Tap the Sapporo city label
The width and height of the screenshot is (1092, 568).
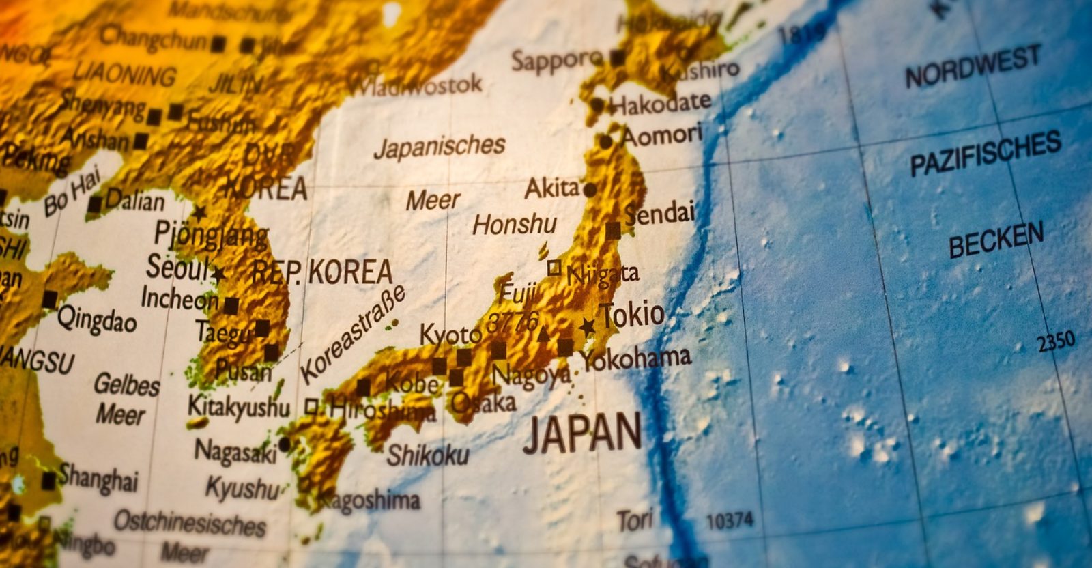tap(556, 61)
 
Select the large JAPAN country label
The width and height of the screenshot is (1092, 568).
tap(582, 433)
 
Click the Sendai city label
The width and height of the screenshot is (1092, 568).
tap(659, 213)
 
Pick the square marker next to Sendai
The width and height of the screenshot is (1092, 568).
tap(613, 231)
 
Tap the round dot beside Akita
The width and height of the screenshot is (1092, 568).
tap(590, 190)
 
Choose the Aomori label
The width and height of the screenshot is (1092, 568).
tap(661, 135)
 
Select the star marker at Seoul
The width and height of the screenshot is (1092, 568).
tap(218, 274)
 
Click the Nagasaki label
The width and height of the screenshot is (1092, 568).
tap(235, 452)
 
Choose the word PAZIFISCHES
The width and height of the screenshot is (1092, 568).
tap(986, 153)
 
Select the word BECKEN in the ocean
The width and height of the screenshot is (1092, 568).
tap(996, 240)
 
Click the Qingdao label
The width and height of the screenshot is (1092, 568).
tap(97, 319)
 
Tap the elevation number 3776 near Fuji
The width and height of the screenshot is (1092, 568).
tap(513, 321)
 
